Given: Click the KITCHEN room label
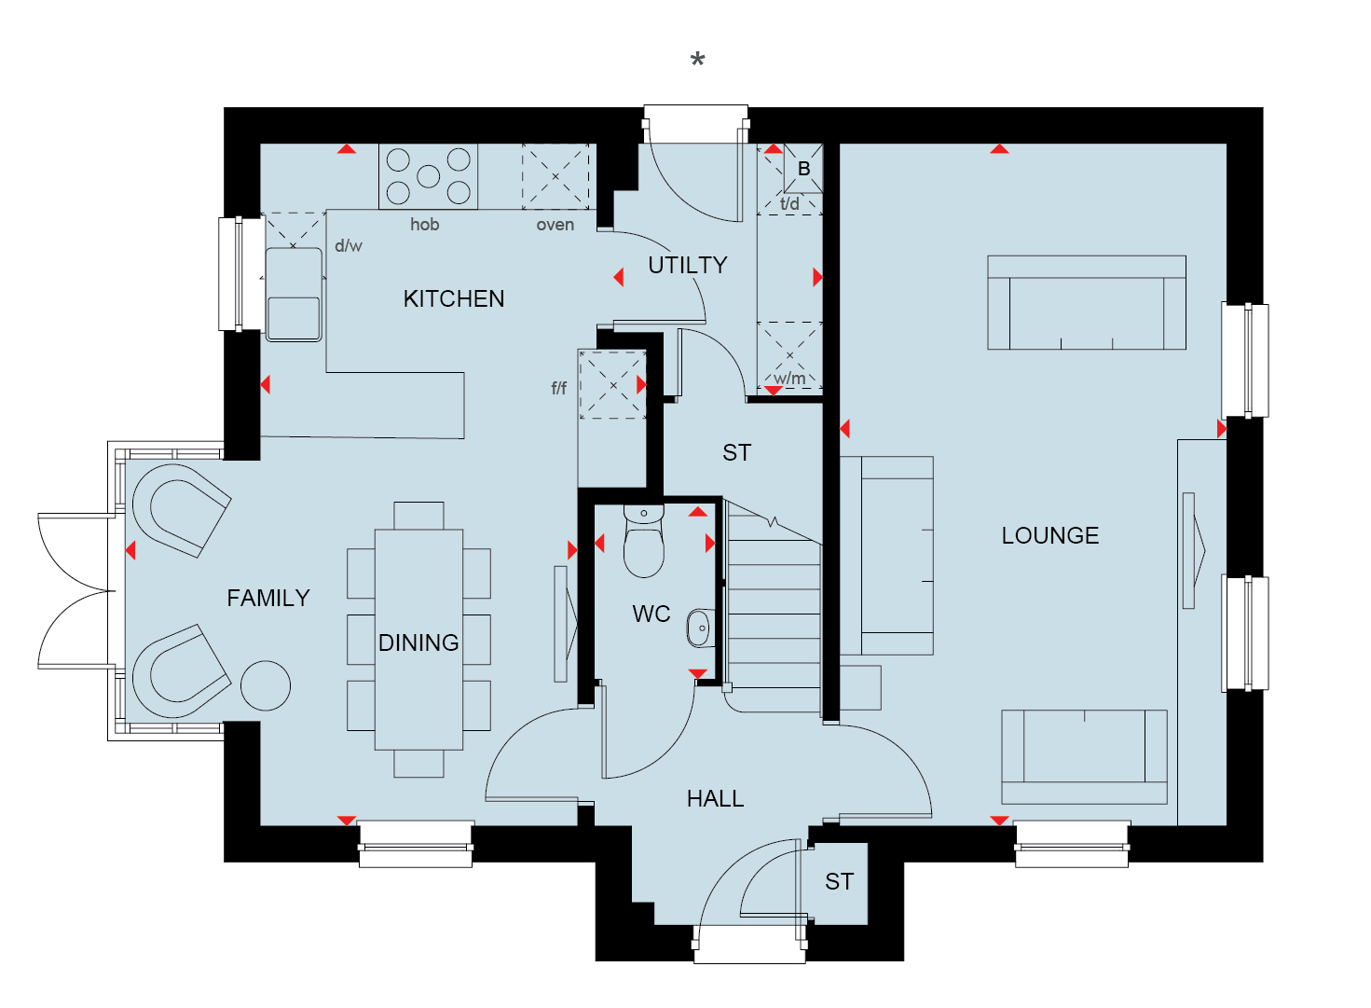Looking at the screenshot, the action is coord(454,298).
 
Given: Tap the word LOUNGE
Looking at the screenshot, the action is coord(1049,535).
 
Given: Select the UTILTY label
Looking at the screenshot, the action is coord(687,265).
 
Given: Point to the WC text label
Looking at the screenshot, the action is coord(651,614).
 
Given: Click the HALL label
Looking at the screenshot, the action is coord(715,798).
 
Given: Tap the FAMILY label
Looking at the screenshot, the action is coord(268,598).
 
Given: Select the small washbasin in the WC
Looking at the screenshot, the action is coord(701,628).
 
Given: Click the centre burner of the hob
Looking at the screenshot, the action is coord(428,177).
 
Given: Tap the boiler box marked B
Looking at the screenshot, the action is coord(803,169).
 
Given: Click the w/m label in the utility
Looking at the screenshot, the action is coord(788,379).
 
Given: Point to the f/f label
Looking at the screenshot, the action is coord(558,388).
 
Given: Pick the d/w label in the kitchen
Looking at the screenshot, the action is coord(349,245).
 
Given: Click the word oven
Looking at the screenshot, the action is coord(555,226).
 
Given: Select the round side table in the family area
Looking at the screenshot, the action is coord(266,686).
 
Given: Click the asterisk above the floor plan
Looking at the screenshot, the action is coord(697,61).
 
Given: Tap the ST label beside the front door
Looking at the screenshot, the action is coord(839,882).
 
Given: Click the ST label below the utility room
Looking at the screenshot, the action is coord(736,452).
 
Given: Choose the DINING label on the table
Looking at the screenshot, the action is coord(418,642).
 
